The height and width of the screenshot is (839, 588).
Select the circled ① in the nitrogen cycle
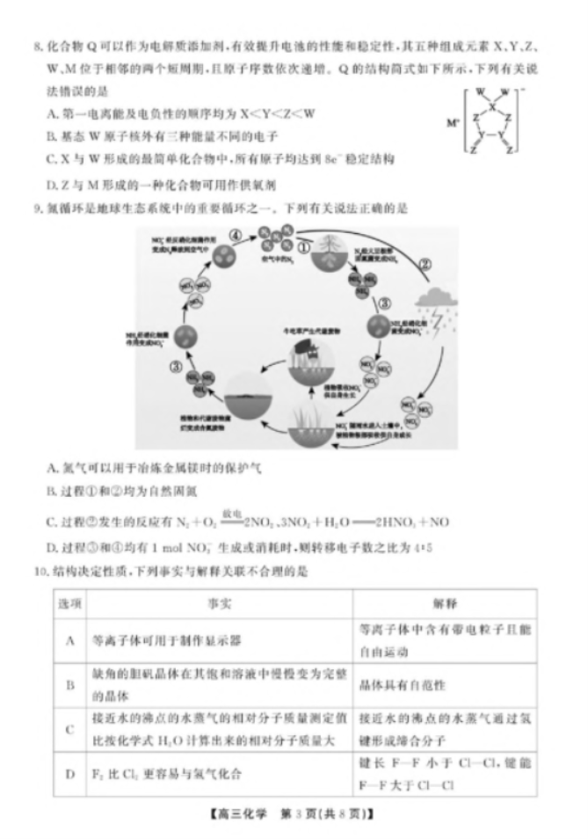click(x=303, y=248)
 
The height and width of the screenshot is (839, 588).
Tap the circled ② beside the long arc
click(x=425, y=263)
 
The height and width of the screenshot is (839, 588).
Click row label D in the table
click(x=69, y=774)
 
